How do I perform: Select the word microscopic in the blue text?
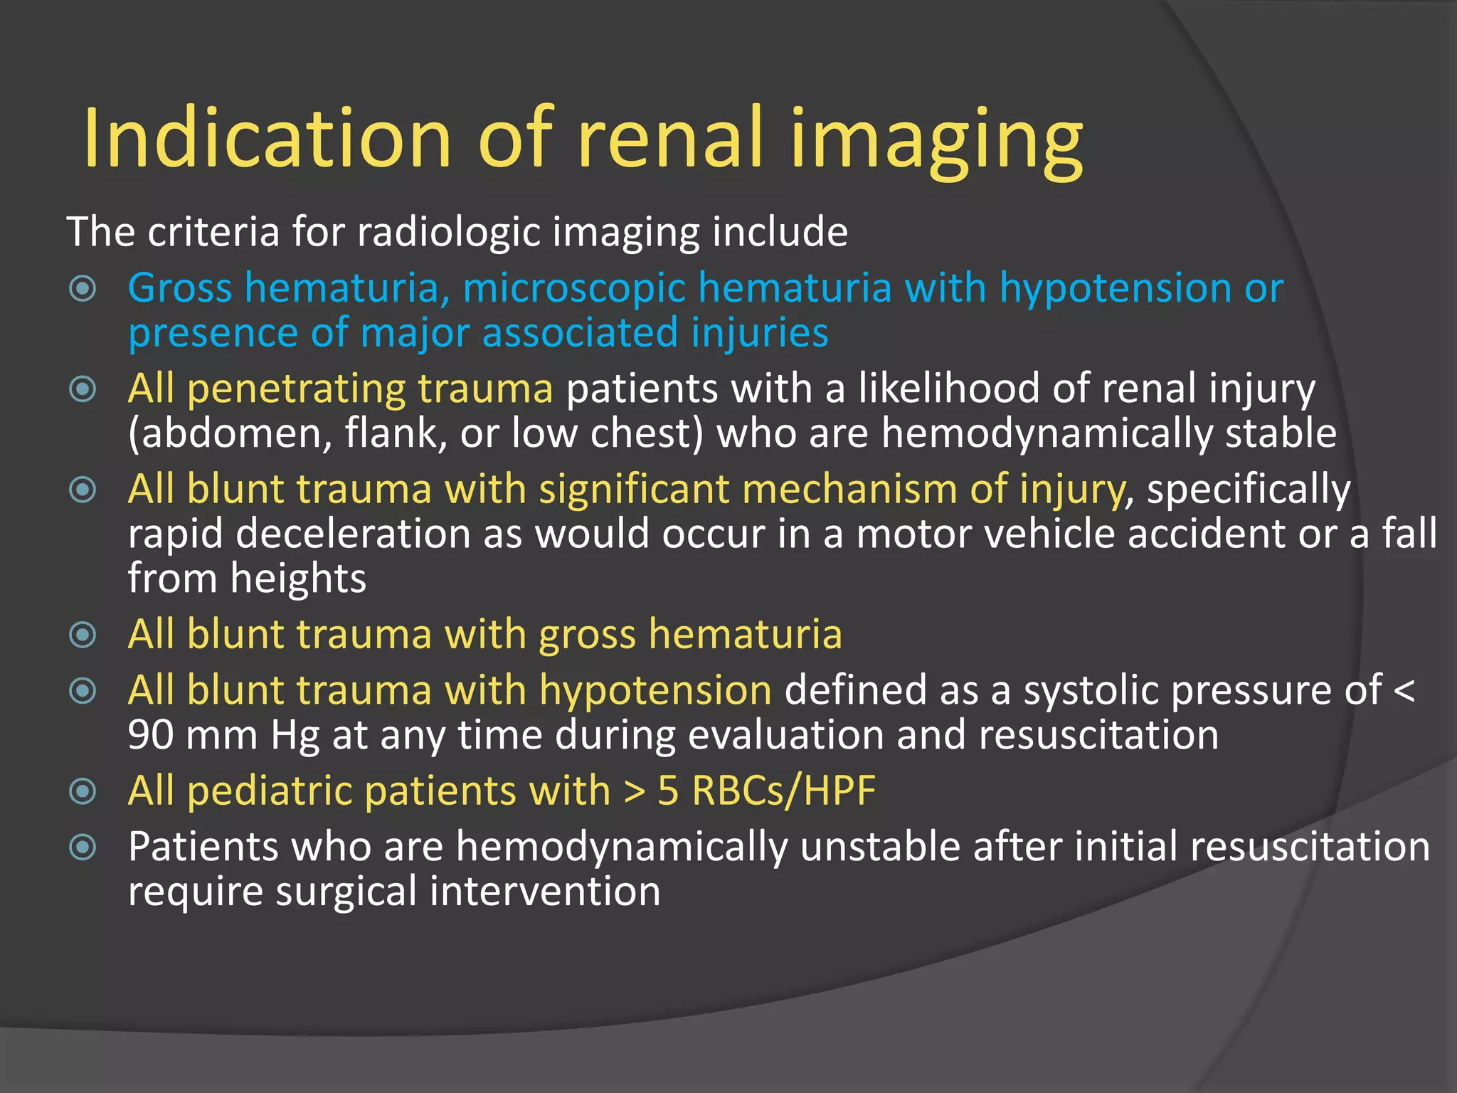[573, 288]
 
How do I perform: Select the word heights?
[297, 579]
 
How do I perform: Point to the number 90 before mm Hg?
[151, 735]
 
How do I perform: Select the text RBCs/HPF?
[783, 791]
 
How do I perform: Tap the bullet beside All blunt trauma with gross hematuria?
[83, 635]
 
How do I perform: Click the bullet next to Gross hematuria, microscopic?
[83, 289]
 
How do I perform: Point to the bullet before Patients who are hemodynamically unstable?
[83, 847]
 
